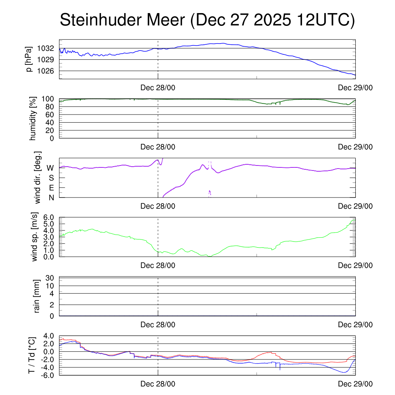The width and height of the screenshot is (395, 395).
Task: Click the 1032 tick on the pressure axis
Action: tap(46, 49)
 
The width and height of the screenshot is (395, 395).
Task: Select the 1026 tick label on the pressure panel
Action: tap(46, 71)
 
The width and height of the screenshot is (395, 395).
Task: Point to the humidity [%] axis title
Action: tap(33, 118)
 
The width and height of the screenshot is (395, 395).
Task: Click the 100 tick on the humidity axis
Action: tap(48, 99)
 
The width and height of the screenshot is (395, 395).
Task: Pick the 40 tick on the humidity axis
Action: tap(50, 122)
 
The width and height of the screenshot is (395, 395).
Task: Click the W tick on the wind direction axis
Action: tap(50, 168)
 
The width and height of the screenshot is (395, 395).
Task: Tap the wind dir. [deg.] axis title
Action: tap(38, 177)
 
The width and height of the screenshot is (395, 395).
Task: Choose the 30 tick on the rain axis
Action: tap(50, 278)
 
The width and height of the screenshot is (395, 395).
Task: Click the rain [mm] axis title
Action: tap(37, 297)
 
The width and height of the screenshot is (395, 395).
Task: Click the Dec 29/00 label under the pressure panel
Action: tap(355, 88)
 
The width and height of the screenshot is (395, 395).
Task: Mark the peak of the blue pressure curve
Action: tap(224, 43)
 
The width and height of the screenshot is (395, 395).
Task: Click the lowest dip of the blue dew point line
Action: tap(344, 372)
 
